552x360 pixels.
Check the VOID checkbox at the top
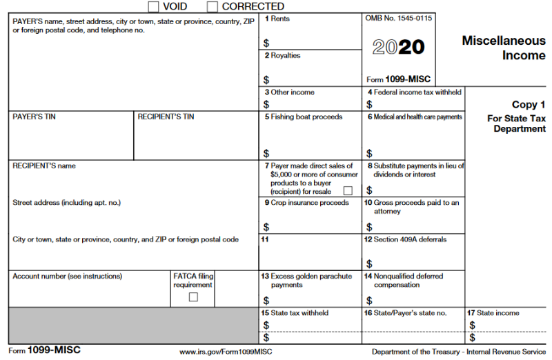pos(154,6)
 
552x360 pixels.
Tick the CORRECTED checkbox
pos(212,6)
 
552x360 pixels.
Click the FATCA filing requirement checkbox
pos(193,297)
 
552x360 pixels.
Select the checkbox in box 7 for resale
pos(348,190)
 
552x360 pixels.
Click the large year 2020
pos(399,47)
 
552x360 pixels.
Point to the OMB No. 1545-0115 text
pos(398,18)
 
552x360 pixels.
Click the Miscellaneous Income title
pos(503,48)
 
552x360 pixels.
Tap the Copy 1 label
pos(529,105)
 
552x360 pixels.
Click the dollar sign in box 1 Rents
pos(266,43)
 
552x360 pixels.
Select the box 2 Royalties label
pos(282,56)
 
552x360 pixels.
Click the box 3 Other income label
pos(289,92)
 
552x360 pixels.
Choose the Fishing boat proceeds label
pos(304,117)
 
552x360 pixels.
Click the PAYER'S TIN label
pos(34,117)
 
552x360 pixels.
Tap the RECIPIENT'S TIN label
pos(166,117)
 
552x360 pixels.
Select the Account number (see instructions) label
pos(67,277)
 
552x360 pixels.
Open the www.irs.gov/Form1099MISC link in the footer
pos(226,352)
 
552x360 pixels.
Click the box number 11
pos(264,240)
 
